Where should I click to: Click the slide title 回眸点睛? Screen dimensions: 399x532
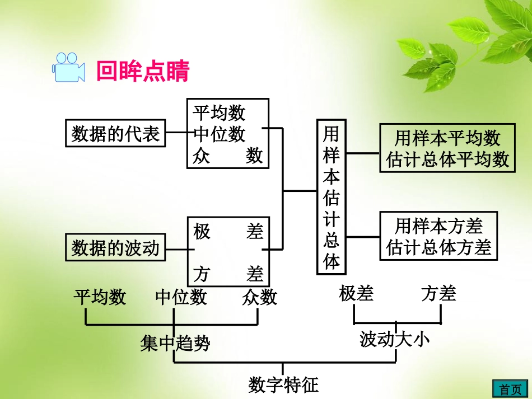pyautogui.click(x=143, y=72)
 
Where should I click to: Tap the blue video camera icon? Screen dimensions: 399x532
pyautogui.click(x=68, y=68)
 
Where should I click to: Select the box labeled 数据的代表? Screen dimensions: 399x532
pyautogui.click(x=116, y=134)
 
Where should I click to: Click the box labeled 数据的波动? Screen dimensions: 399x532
pyautogui.click(x=116, y=247)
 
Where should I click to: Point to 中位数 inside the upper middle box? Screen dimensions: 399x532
pyautogui.click(x=220, y=134)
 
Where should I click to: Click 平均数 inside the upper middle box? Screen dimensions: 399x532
pyautogui.click(x=220, y=113)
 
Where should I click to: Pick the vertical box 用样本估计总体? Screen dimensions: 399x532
pyautogui.click(x=332, y=196)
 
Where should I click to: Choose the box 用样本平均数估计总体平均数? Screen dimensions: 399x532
pyautogui.click(x=447, y=148)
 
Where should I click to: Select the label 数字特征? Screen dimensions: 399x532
pyautogui.click(x=283, y=384)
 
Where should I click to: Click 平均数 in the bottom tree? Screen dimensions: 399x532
pyautogui.click(x=100, y=297)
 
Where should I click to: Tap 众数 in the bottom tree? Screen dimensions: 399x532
pyautogui.click(x=259, y=297)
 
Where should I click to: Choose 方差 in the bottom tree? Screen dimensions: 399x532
pyautogui.click(x=438, y=293)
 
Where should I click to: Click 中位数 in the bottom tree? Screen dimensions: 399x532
pyautogui.click(x=181, y=297)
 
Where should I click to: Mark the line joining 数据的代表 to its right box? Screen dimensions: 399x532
pyautogui.click(x=176, y=134)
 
